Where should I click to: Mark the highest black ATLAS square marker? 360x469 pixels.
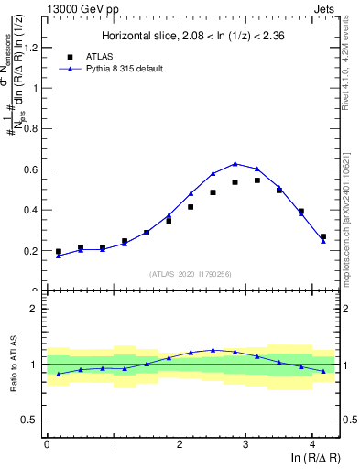(x=257, y=180)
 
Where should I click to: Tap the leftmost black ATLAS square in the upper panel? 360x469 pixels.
(x=59, y=251)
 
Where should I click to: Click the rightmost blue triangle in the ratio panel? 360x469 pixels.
(x=322, y=371)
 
